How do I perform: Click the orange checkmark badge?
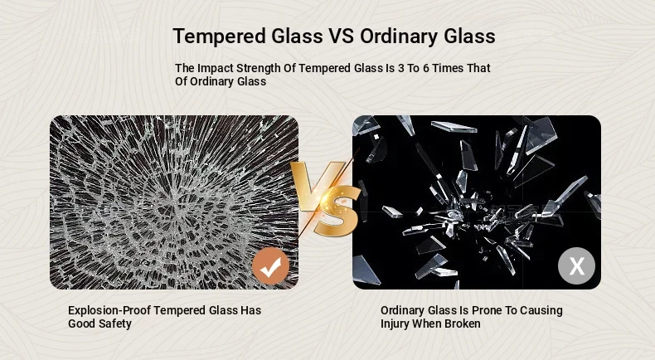pos(270,266)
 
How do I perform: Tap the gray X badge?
pos(576,266)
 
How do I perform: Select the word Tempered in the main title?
pos(219,36)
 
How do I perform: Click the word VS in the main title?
pos(342,36)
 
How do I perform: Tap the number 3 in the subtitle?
pos(401,68)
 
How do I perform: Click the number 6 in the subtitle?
pos(425,68)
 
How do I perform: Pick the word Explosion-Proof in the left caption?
pos(109,311)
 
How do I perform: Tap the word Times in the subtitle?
pos(447,68)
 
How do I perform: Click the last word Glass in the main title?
pos(469,36)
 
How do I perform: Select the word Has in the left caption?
pos(250,311)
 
